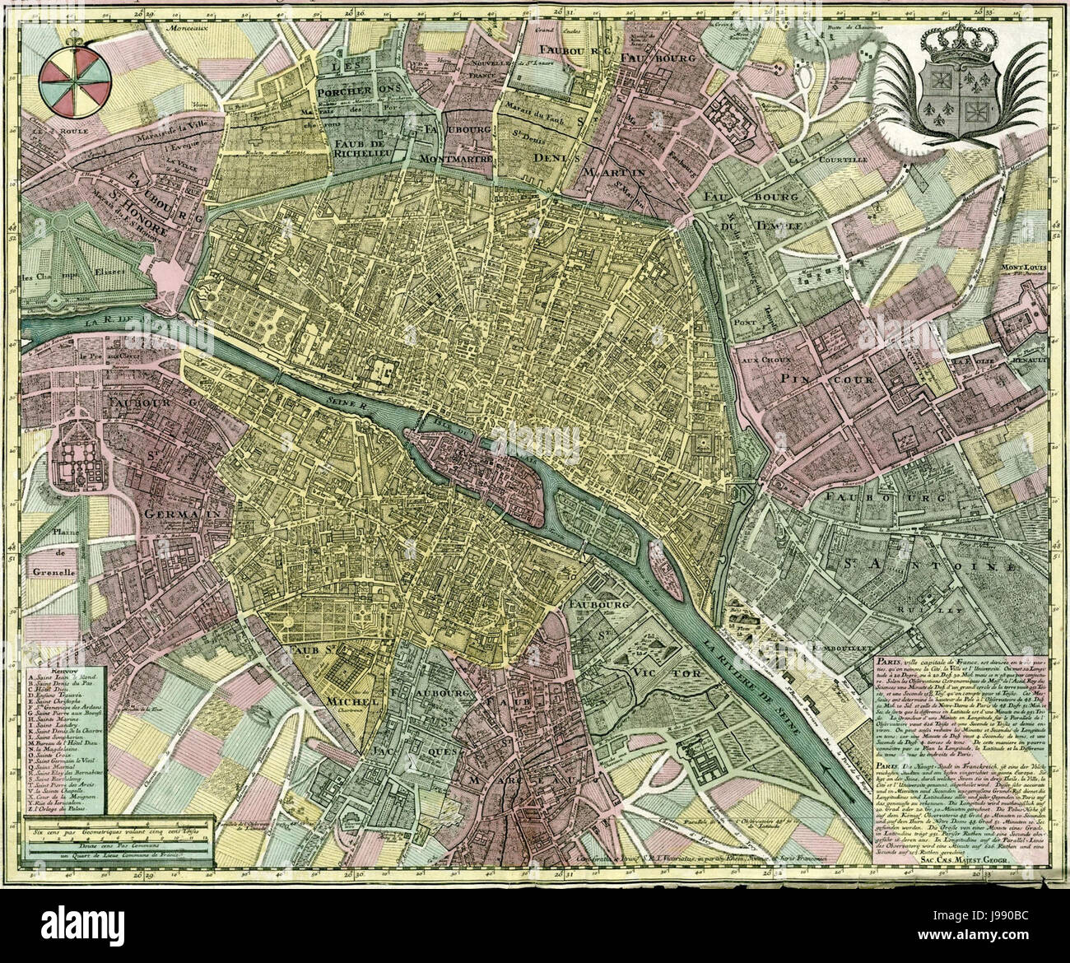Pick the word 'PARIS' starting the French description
(x=889, y=661)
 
